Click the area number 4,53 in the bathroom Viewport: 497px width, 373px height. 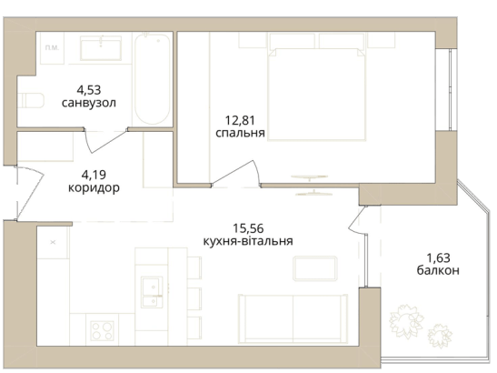pos(89,90)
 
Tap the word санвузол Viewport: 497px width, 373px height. pos(89,103)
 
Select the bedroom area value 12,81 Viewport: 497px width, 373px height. pos(240,121)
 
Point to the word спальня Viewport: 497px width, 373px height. pos(240,133)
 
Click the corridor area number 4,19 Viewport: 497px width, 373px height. pos(94,175)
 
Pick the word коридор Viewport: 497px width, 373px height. pos(94,188)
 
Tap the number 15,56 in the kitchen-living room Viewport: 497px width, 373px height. pos(248,228)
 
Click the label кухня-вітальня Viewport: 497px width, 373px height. pos(248,241)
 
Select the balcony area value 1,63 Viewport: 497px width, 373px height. pos(438,258)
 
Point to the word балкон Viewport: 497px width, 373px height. pos(438,271)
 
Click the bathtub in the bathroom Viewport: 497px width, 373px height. pos(152,79)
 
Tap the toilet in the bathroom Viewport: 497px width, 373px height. pos(31,100)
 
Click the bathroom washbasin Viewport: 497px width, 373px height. pos(101,48)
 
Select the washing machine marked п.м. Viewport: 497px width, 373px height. pos(51,48)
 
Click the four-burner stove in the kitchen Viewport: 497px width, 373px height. pos(102,331)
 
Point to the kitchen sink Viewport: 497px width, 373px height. pos(152,292)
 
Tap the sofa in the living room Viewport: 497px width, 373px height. pos(293,318)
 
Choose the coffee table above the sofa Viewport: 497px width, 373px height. pos(315,268)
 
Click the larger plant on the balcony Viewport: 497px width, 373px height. pos(406,320)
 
